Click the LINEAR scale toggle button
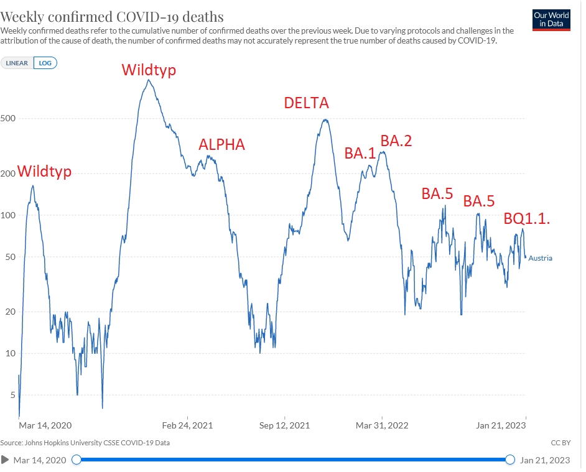[x=17, y=63]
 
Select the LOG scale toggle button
[x=45, y=63]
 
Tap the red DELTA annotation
[x=306, y=103]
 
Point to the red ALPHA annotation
[x=221, y=145]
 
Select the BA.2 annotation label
[x=396, y=141]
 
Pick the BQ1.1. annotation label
[x=529, y=219]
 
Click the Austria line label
[x=540, y=258]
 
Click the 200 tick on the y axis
[x=9, y=174]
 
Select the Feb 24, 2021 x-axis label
[x=187, y=425]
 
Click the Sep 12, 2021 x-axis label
[x=284, y=425]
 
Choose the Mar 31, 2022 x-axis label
[x=381, y=425]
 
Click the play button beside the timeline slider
[x=6, y=460]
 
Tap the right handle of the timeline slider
[x=510, y=460]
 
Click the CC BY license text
[x=560, y=443]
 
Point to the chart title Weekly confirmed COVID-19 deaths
[x=113, y=16]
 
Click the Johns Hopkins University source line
[x=85, y=443]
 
